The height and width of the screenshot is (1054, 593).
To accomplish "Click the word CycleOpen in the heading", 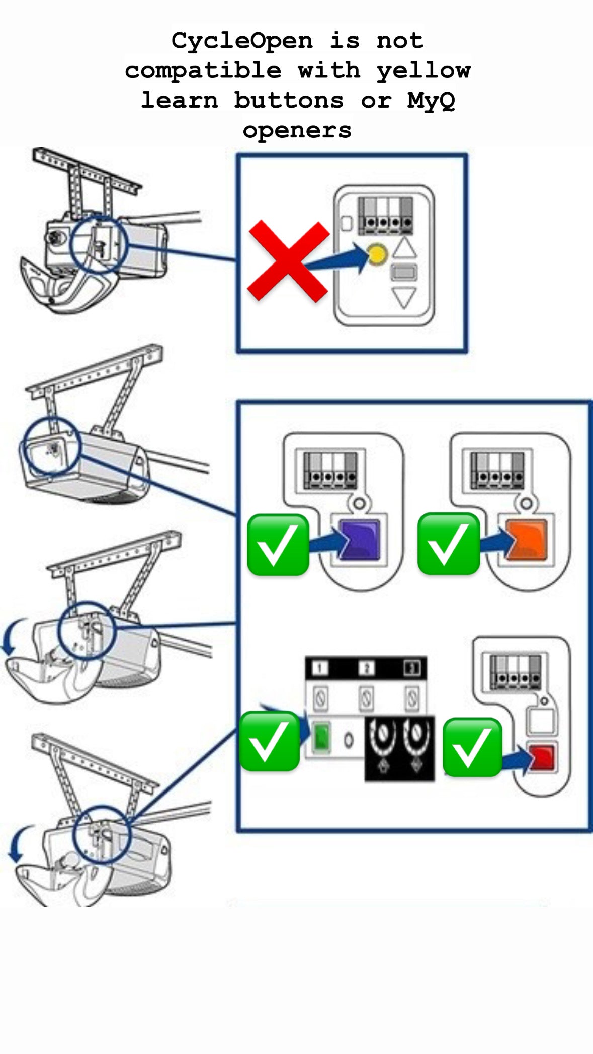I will pyautogui.click(x=241, y=40).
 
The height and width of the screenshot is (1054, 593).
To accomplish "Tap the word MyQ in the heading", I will pyautogui.click(x=431, y=100).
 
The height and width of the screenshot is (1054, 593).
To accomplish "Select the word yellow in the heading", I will pyautogui.click(x=423, y=70).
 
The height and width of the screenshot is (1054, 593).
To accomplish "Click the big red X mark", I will pyautogui.click(x=288, y=261).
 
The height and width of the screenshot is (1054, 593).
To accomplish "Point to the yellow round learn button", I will pyautogui.click(x=377, y=254).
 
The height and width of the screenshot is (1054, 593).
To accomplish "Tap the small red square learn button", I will pyautogui.click(x=542, y=758).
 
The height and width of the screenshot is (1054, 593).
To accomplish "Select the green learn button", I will pyautogui.click(x=321, y=738).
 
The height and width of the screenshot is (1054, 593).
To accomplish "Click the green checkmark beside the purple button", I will pyautogui.click(x=278, y=545).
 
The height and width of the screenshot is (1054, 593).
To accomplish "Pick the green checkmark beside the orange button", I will pyautogui.click(x=448, y=544).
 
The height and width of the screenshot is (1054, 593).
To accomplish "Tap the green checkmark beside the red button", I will pyautogui.click(x=472, y=747).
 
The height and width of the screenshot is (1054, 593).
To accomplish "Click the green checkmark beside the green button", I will pyautogui.click(x=270, y=741).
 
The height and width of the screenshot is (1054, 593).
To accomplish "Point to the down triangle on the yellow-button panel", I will pyautogui.click(x=404, y=297).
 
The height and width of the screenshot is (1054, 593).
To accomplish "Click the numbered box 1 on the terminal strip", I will pyautogui.click(x=320, y=668).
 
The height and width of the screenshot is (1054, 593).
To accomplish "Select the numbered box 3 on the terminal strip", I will pyautogui.click(x=412, y=668).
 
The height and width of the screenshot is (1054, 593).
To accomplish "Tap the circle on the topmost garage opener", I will pyautogui.click(x=99, y=244).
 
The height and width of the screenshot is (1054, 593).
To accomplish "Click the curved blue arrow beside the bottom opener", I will pyautogui.click(x=18, y=844).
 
